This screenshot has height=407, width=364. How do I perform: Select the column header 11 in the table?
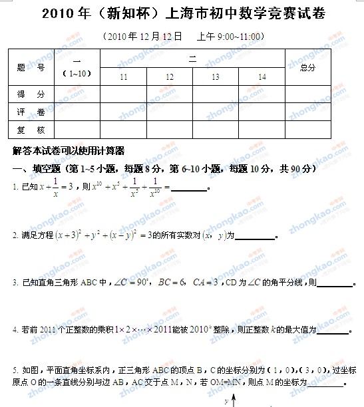click(x=123, y=78)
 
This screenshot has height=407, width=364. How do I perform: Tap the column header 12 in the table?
click(x=170, y=78)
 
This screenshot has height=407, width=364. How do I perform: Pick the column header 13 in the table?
click(x=216, y=78)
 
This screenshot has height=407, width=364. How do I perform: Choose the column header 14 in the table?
click(x=262, y=78)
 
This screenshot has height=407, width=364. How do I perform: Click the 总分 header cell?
click(x=308, y=68)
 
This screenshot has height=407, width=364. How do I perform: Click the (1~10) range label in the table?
click(x=77, y=73)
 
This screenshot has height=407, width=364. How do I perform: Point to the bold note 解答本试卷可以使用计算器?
click(x=69, y=151)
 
